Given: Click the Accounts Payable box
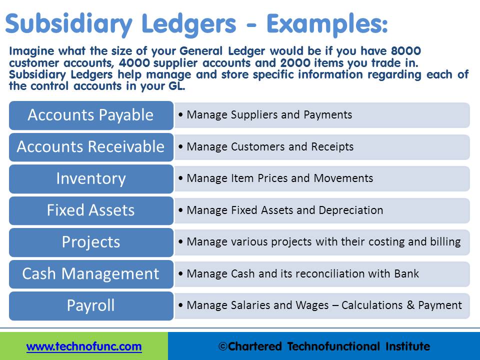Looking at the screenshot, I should tap(90, 115).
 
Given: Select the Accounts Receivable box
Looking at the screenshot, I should tap(90, 146).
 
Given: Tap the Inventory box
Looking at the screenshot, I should tap(90, 178).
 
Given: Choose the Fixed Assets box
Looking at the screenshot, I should tap(90, 210).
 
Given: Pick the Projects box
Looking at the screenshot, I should tap(90, 242).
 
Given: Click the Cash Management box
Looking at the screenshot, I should tap(90, 273).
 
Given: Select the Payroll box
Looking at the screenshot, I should tap(90, 305).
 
